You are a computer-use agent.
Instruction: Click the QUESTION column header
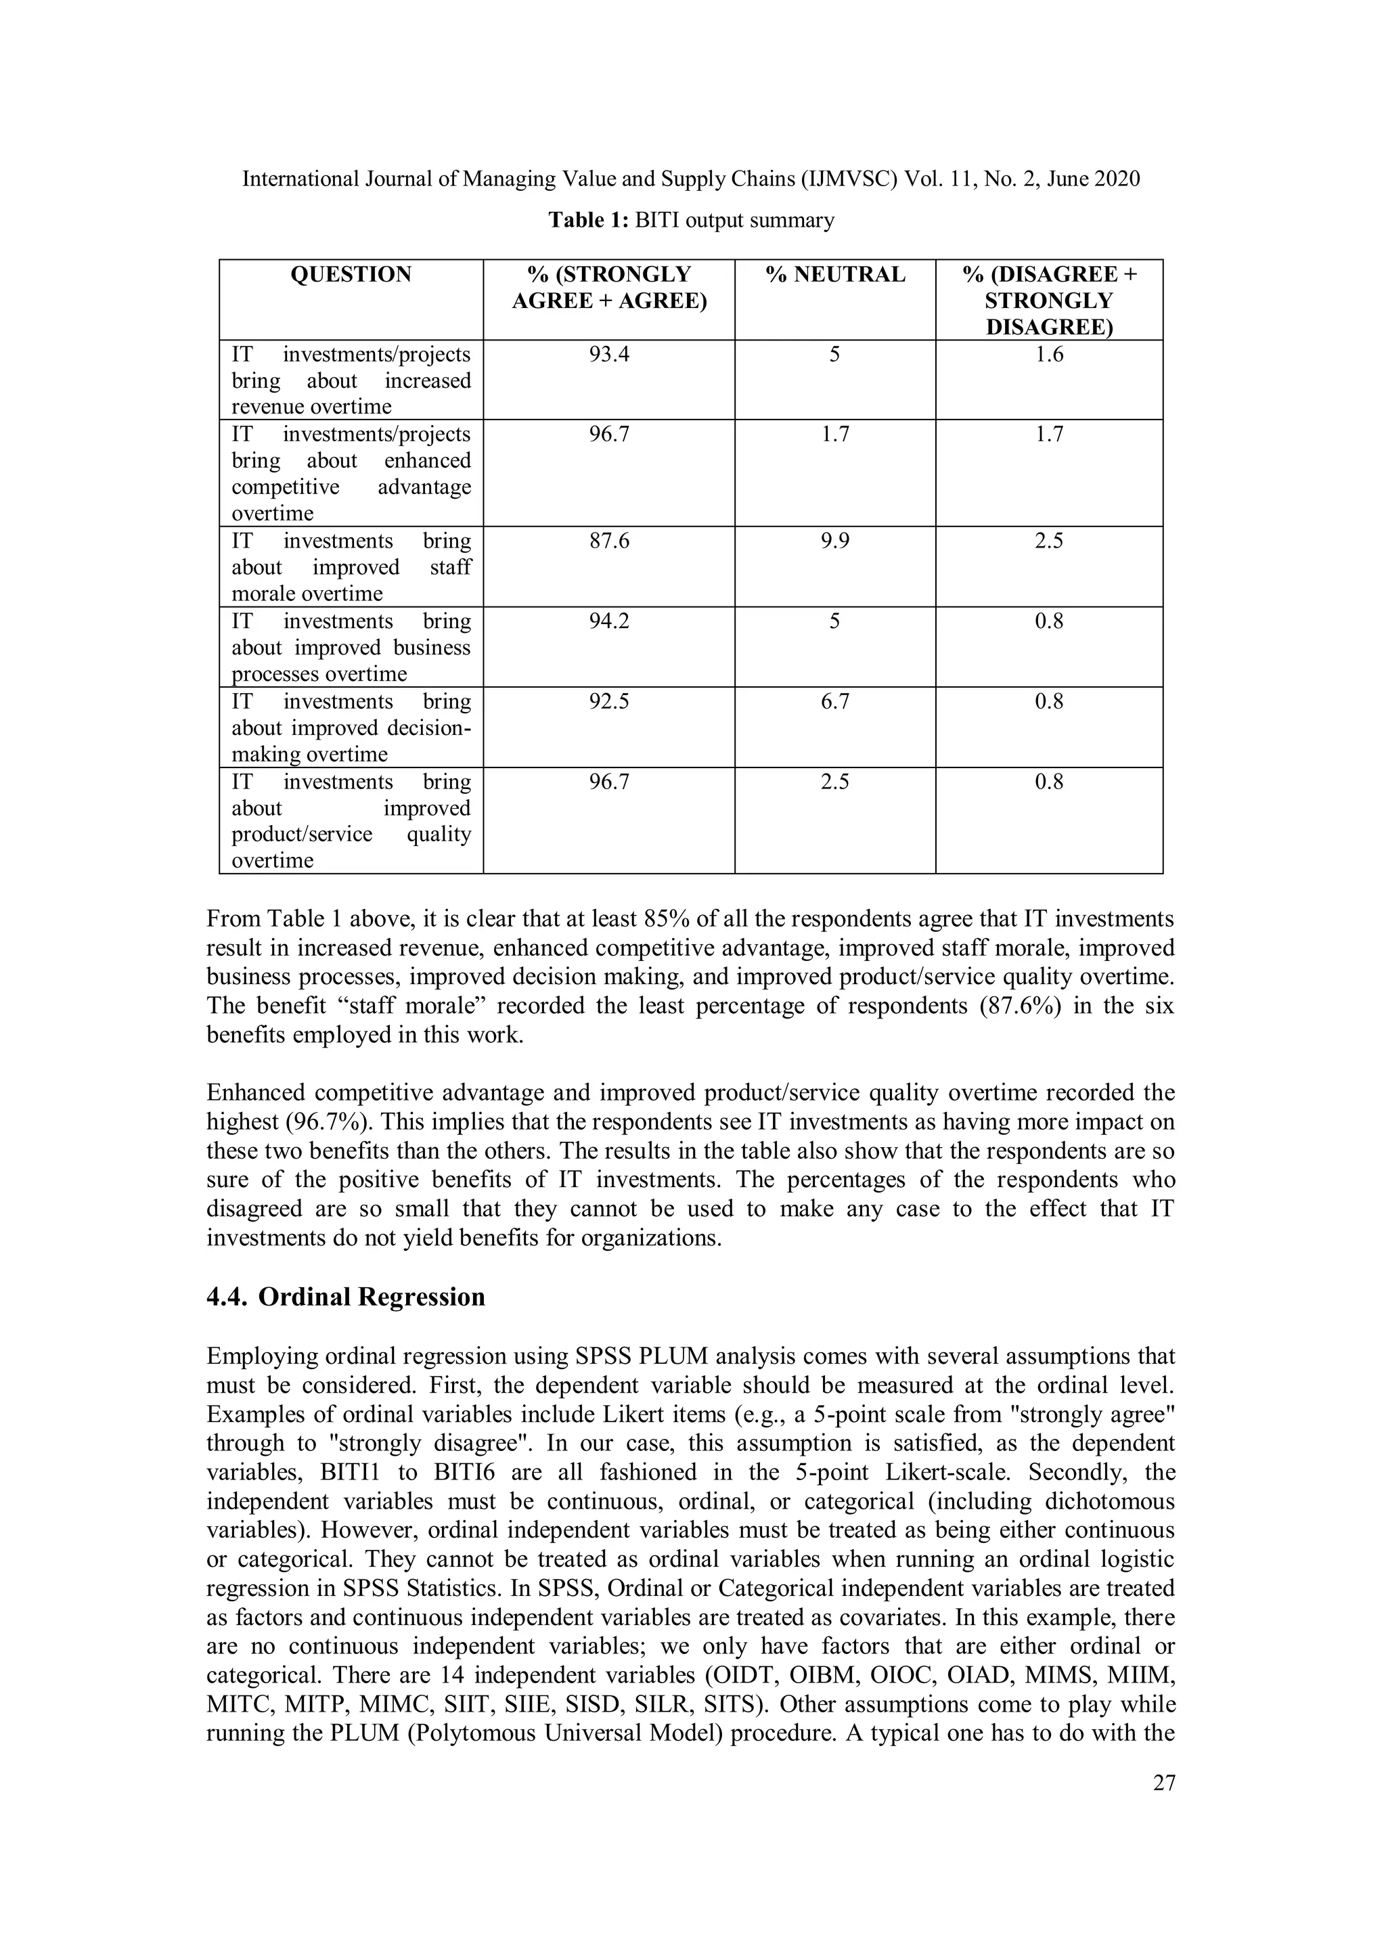[x=351, y=274]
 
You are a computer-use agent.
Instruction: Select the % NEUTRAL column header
[x=834, y=274]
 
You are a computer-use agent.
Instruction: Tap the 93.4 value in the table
[x=608, y=354]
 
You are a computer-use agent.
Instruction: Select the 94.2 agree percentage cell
[x=608, y=621]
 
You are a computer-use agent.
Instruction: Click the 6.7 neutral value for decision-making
[x=834, y=701]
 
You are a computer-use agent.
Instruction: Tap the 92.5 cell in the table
[x=608, y=701]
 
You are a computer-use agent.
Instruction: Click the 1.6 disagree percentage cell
[x=1048, y=354]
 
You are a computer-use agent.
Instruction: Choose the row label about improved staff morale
[x=351, y=567]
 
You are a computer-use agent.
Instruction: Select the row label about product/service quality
[x=351, y=820]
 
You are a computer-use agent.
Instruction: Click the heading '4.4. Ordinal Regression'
[x=346, y=1297]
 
